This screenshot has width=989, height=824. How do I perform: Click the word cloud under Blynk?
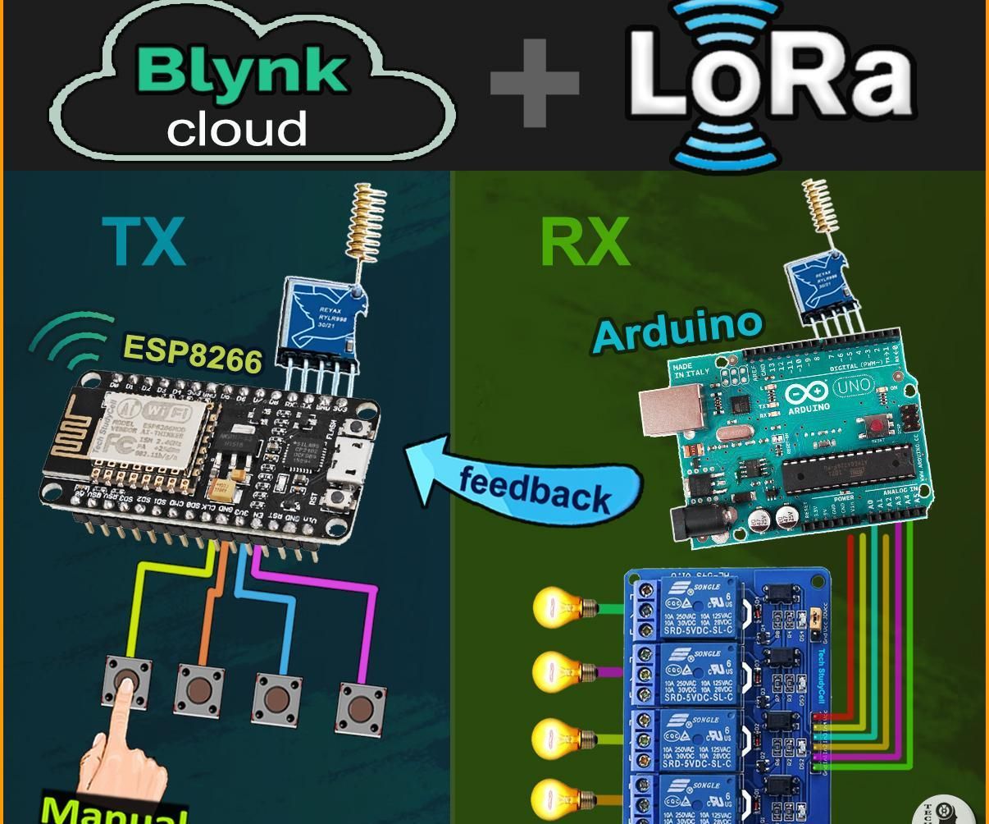[x=237, y=130]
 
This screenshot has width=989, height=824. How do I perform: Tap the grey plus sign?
[x=535, y=83]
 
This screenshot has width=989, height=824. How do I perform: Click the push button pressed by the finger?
[x=126, y=681]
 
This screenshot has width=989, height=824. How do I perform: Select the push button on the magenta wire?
[x=360, y=707]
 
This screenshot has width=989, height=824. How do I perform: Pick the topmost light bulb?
[x=558, y=608]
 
